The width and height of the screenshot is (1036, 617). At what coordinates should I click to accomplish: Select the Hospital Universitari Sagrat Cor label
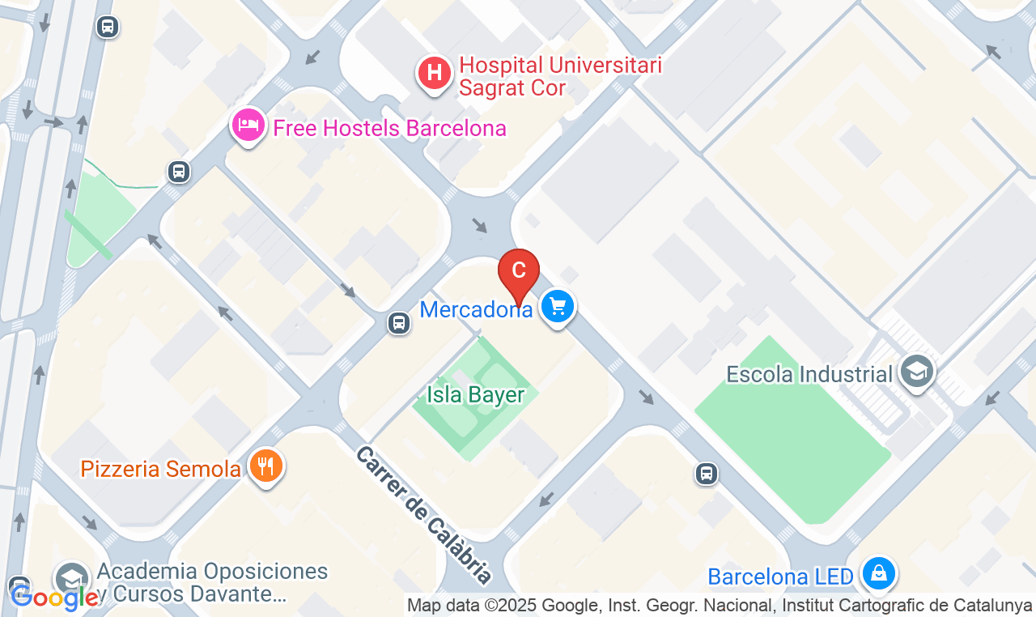[560, 76]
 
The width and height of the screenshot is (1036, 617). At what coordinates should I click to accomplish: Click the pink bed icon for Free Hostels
[248, 126]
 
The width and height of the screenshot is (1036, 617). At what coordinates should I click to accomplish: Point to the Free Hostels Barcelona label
[389, 128]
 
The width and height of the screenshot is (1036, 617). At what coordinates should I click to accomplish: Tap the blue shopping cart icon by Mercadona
[557, 307]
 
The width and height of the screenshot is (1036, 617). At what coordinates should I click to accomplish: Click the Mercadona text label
[476, 308]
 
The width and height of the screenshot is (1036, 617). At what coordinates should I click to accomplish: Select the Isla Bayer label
[476, 395]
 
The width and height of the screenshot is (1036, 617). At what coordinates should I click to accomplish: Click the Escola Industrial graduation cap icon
[916, 372]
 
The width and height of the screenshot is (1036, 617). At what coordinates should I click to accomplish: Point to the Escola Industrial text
[809, 374]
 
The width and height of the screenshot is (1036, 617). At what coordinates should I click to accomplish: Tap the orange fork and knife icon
[265, 466]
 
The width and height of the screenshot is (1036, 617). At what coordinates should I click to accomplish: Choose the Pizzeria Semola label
[160, 469]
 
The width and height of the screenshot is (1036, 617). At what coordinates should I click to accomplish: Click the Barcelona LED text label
[780, 577]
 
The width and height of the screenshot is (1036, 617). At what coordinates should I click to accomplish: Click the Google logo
[55, 598]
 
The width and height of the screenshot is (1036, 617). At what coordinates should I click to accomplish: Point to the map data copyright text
[720, 605]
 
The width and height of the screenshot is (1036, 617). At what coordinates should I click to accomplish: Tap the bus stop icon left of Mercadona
[398, 323]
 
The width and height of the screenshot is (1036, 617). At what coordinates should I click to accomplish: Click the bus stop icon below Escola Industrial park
[707, 474]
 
